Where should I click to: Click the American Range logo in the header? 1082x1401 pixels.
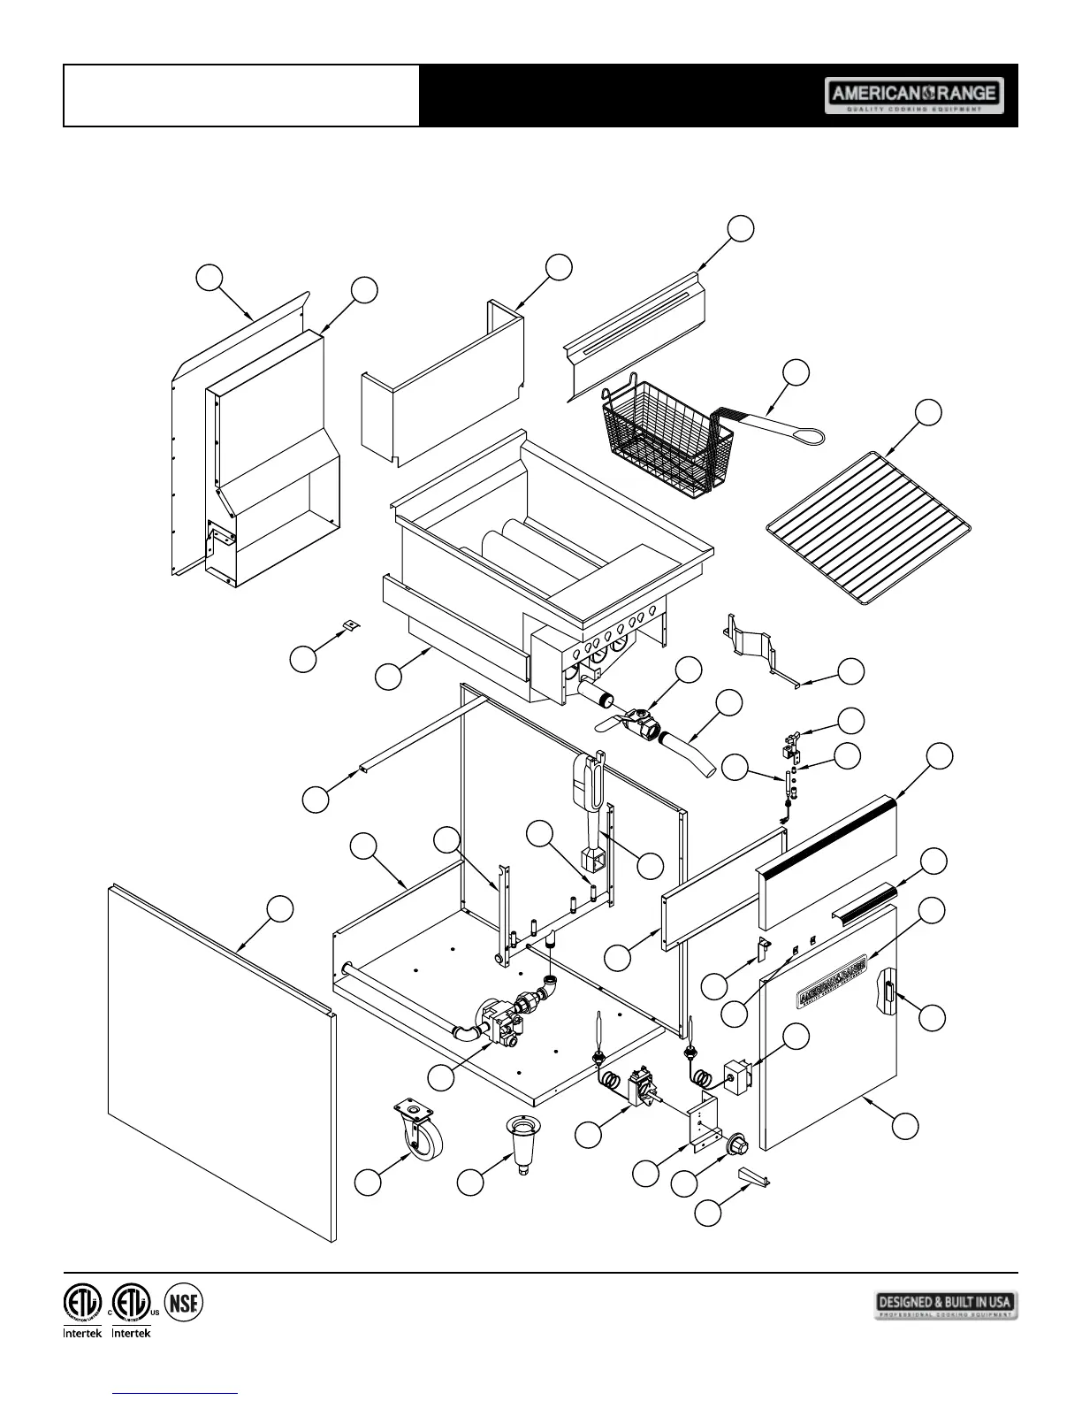click(x=914, y=96)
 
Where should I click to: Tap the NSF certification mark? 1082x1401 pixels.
click(x=184, y=1303)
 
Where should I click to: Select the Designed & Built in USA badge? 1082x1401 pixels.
click(x=946, y=1305)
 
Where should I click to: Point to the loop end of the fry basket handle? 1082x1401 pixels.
click(x=808, y=435)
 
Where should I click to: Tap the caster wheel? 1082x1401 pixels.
click(x=420, y=1132)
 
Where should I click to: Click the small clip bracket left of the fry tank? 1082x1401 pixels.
click(x=352, y=624)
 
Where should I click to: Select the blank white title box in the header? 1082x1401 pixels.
click(x=241, y=96)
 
